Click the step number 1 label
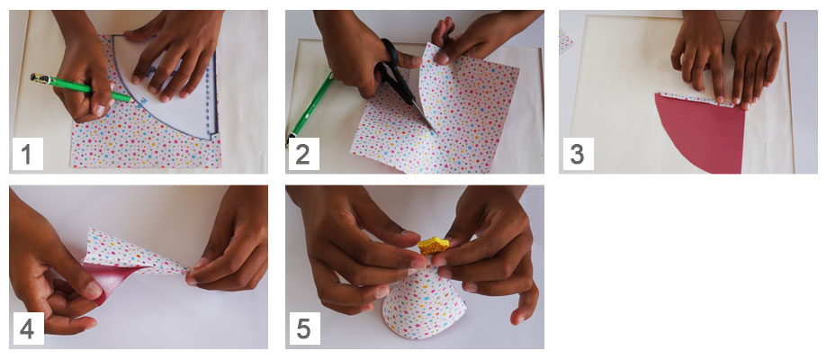(27, 154)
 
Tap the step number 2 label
(302, 154)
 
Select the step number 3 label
(578, 154)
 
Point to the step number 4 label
(27, 328)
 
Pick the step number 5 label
(304, 328)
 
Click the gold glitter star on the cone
(434, 246)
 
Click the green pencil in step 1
(79, 87)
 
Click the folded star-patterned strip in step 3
(697, 99)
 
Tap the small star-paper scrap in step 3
(565, 41)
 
